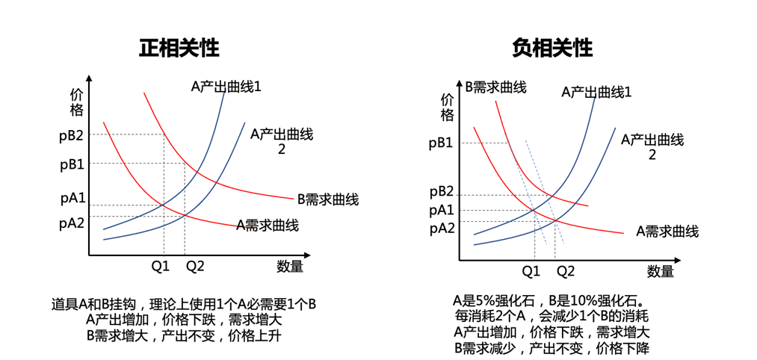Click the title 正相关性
[179, 49]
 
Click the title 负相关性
[552, 49]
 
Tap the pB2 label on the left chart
[72, 136]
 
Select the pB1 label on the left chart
[72, 164]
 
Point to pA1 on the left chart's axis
[72, 199]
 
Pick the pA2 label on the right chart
[442, 228]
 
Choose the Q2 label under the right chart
[566, 271]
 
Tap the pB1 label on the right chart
[442, 144]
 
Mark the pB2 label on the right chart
[442, 192]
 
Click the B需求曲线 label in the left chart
[328, 199]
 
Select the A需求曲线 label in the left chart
[268, 225]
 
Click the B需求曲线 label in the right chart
[495, 87]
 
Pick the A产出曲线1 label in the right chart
[597, 92]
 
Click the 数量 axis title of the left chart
[290, 266]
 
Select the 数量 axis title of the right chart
[661, 271]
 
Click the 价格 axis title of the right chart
[448, 108]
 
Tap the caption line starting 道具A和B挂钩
[184, 305]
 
